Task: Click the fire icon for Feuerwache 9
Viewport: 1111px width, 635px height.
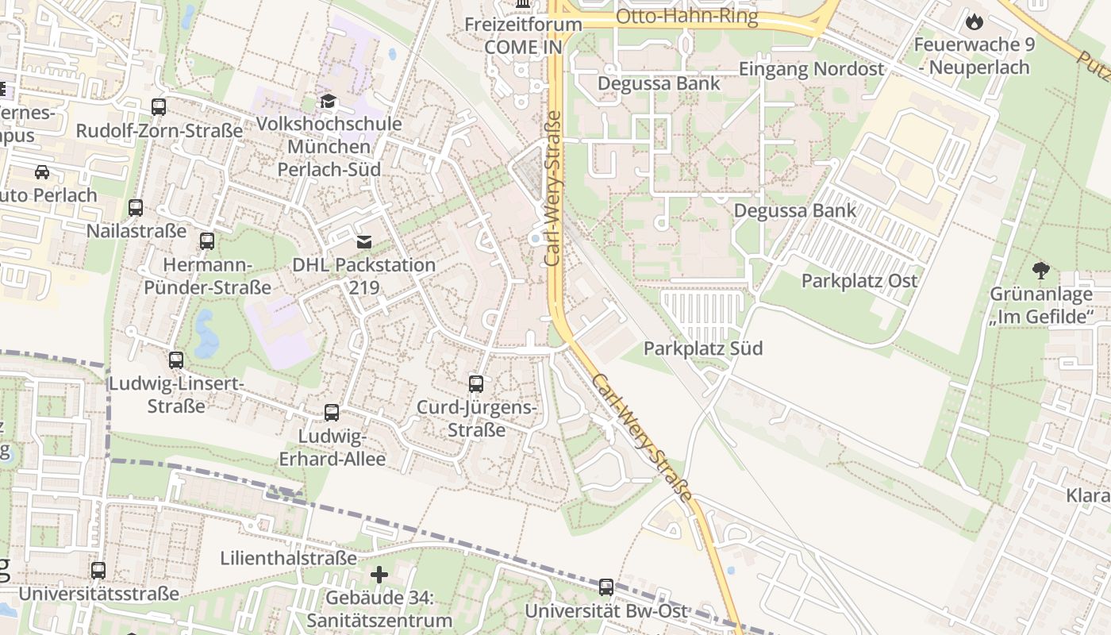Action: pos(974,21)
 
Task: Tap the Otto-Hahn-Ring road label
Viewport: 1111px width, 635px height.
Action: pos(686,17)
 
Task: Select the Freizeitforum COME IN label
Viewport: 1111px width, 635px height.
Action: pos(523,36)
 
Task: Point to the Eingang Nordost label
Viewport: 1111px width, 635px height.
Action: pos(811,69)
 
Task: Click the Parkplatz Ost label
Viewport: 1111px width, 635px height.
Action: pos(859,280)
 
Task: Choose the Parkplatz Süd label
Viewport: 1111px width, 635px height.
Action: pos(703,348)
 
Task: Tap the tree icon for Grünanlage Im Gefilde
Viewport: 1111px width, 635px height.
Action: pos(1041,271)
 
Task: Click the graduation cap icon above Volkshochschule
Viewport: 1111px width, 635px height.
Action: pos(328,101)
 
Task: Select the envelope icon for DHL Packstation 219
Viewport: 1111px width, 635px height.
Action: pos(364,241)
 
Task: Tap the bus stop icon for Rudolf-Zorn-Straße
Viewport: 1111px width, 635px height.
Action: pos(159,106)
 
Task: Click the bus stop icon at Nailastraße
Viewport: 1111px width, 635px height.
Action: pos(136,208)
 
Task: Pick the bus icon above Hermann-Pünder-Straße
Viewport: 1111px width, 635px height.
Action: pos(207,241)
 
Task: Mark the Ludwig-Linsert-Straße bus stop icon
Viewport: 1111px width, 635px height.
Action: pos(176,360)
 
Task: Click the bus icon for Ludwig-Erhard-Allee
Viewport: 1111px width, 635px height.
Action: pos(332,413)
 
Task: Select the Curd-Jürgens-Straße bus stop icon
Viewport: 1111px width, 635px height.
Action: pos(476,384)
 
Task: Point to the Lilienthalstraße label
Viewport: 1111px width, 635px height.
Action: pos(288,558)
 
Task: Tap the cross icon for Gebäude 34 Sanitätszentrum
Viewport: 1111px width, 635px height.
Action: pos(379,574)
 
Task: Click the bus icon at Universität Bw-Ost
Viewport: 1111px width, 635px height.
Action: pos(606,587)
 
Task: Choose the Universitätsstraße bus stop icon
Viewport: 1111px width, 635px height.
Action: pos(98,570)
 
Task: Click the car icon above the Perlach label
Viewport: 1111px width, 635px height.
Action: pos(42,171)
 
